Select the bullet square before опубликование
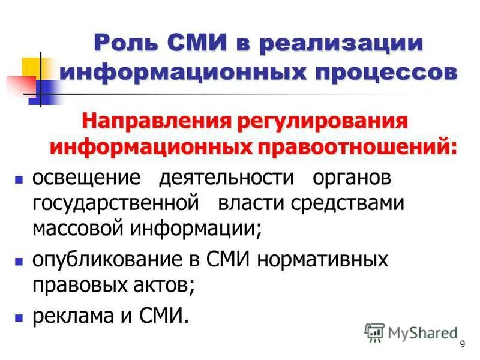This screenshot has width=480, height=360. [x=19, y=262]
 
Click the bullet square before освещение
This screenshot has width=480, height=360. [x=19, y=179]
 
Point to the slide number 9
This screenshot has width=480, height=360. [x=462, y=344]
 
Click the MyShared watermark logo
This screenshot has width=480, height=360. [x=412, y=332]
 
